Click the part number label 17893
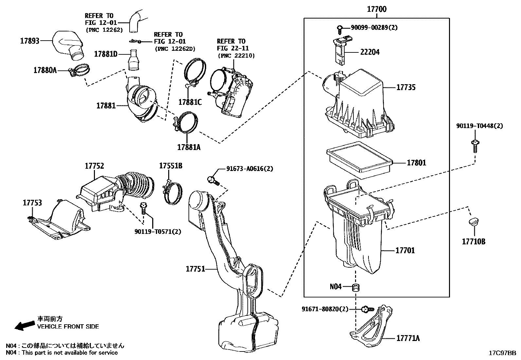coord(30,41)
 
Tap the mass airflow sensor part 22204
coord(340,52)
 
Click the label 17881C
coord(190,102)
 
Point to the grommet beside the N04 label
coord(356,288)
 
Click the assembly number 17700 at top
coord(376,9)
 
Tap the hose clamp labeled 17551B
coord(171,193)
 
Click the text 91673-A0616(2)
coord(249,169)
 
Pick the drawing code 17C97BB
coord(502,353)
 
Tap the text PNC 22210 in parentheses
coord(236,56)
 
